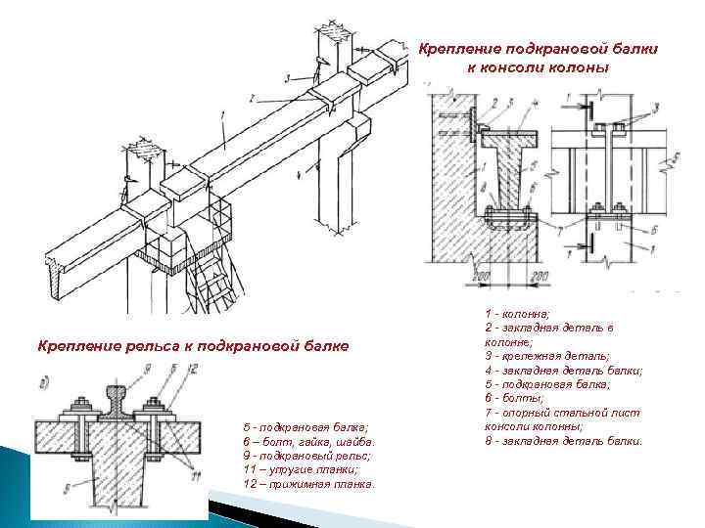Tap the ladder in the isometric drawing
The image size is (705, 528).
tap(218, 279)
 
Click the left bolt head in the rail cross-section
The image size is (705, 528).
tap(78, 404)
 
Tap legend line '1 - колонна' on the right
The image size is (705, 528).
tap(517, 314)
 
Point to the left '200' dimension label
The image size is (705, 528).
tap(481, 277)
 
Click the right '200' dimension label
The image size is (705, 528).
tap(539, 277)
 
